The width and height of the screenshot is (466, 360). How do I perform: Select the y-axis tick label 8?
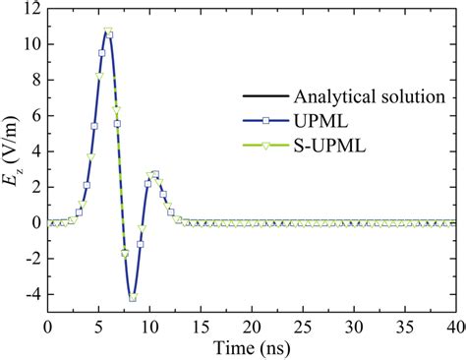point(35,80)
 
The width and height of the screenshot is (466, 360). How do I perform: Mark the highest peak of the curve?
point(107,31)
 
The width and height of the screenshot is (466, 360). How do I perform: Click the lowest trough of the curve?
point(133,297)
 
